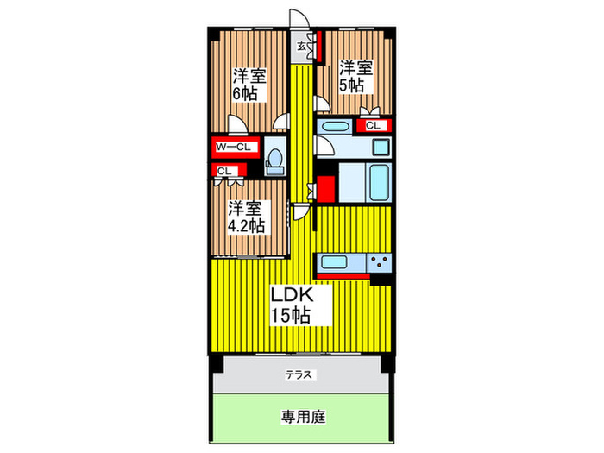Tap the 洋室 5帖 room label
(x=353, y=76)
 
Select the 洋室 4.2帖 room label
(x=247, y=217)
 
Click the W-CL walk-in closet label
(x=233, y=147)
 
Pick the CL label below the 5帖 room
(x=373, y=126)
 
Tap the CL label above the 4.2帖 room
(x=223, y=170)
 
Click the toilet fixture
(x=275, y=159)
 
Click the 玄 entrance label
(x=302, y=47)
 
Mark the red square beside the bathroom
(x=325, y=187)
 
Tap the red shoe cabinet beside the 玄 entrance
(x=318, y=47)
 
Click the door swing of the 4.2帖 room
(x=299, y=210)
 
